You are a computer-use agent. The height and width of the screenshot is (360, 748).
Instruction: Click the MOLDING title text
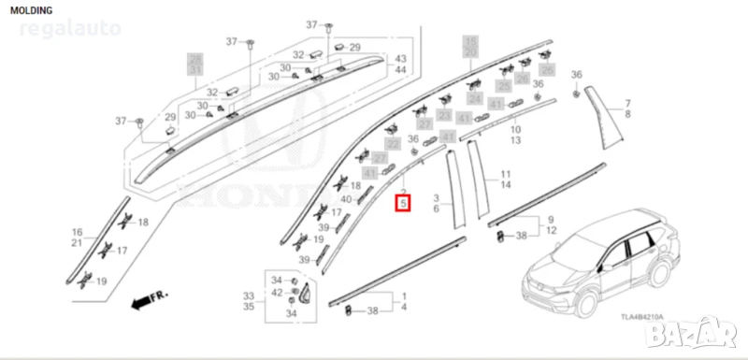34,9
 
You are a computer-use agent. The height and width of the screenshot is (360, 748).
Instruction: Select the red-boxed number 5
403,202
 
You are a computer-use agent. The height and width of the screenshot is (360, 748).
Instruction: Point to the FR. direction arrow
149,301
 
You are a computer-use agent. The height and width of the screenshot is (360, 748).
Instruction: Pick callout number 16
78,232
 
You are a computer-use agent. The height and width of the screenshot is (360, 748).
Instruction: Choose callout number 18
143,222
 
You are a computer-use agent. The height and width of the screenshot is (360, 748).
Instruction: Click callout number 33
249,295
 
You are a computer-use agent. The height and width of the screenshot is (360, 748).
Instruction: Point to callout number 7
628,103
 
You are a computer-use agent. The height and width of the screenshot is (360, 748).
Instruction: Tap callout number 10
515,129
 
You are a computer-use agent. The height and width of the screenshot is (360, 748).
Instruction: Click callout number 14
505,185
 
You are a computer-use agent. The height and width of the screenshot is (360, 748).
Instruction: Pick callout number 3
437,199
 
